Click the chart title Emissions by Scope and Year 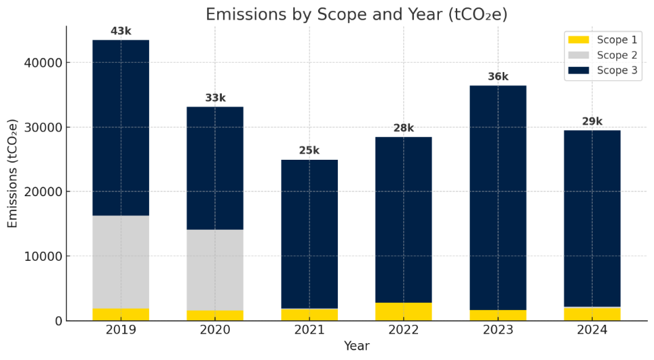(356, 14)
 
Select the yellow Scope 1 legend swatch (578, 40)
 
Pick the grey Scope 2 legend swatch (578, 55)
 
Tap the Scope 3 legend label (617, 71)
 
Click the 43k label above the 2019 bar (121, 32)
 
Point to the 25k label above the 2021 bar (309, 151)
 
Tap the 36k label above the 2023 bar (498, 77)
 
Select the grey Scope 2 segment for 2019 (121, 262)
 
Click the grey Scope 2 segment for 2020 (215, 270)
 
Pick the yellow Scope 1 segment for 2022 (404, 311)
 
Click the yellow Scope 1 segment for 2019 (121, 314)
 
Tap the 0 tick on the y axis (58, 321)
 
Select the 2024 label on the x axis (592, 330)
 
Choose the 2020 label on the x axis (215, 330)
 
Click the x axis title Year (356, 347)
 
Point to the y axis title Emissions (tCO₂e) (13, 173)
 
